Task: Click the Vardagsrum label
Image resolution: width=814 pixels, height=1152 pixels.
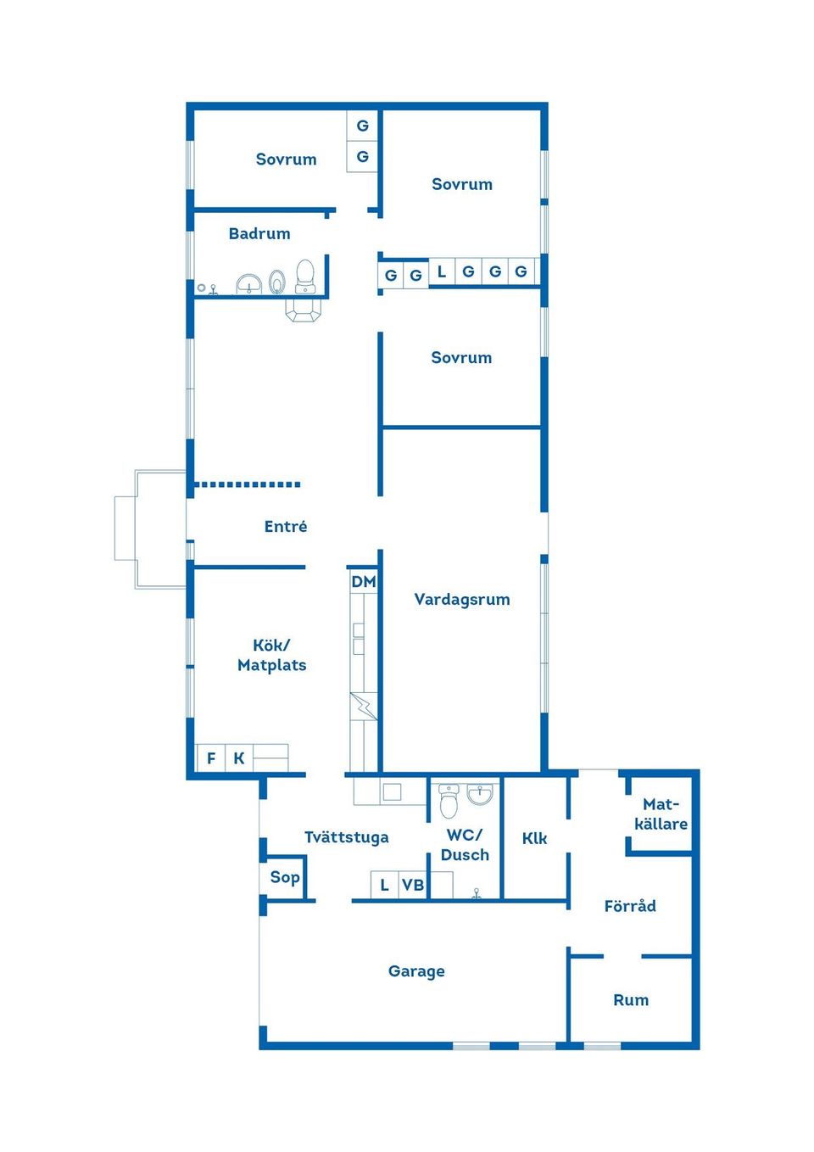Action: coord(462,600)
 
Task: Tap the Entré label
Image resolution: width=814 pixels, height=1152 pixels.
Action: coord(286,527)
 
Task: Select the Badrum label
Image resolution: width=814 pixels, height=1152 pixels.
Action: coord(259,234)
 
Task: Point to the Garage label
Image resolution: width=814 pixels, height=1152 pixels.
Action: coord(416,971)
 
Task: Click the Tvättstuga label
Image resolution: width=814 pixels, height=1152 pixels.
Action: coord(347,838)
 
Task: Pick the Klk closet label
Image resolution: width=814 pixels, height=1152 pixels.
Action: coord(535,839)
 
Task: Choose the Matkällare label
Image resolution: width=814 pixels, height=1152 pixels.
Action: coord(661,814)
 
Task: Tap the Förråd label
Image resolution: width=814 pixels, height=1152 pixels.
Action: coord(630,906)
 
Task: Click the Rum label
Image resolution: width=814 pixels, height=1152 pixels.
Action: coord(631,1000)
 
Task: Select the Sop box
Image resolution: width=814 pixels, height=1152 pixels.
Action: coord(285,878)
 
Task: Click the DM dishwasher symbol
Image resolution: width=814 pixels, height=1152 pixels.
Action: coord(364,582)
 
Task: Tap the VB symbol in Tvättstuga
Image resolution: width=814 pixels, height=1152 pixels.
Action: coord(413,886)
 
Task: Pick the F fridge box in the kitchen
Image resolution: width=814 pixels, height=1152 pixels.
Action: coord(211,758)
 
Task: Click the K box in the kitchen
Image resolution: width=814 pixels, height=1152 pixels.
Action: coord(239,758)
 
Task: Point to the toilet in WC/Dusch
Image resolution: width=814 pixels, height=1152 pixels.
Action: coord(449,800)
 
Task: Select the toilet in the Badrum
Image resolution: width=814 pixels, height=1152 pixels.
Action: coord(304,277)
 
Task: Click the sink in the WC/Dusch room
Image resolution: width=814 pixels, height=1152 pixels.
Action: coord(480,795)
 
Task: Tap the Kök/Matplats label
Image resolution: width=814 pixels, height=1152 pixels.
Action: coord(272,656)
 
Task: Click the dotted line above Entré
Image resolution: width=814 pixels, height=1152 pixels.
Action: coord(248,484)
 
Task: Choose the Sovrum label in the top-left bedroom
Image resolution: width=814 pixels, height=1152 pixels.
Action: coord(286,159)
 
